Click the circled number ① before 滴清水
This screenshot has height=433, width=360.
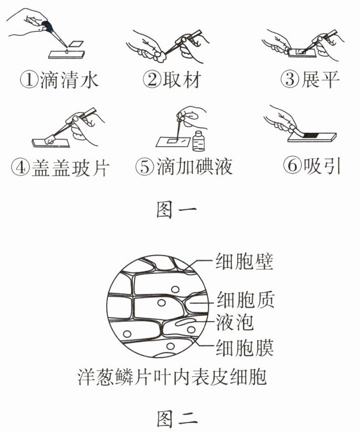pyautogui.click(x=29, y=80)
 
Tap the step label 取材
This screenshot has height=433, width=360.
pyautogui.click(x=181, y=79)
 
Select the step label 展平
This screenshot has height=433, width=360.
pyautogui.click(x=319, y=79)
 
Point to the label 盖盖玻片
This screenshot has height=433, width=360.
pyautogui.click(x=71, y=168)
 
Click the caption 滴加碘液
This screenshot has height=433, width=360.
pyautogui.click(x=195, y=166)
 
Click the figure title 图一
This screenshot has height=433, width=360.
pyautogui.click(x=177, y=209)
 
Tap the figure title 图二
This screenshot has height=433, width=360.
pyautogui.click(x=177, y=419)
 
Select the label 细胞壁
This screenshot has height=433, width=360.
pyautogui.click(x=245, y=261)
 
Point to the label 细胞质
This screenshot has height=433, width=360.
pyautogui.click(x=246, y=299)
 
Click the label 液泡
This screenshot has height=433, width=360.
pyautogui.click(x=235, y=322)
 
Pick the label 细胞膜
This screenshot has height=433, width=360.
pyautogui.click(x=245, y=347)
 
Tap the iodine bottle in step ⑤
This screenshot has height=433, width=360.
pyautogui.click(x=198, y=141)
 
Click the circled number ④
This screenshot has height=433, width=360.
pyautogui.click(x=20, y=168)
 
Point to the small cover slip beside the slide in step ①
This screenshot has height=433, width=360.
pyautogui.click(x=75, y=43)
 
